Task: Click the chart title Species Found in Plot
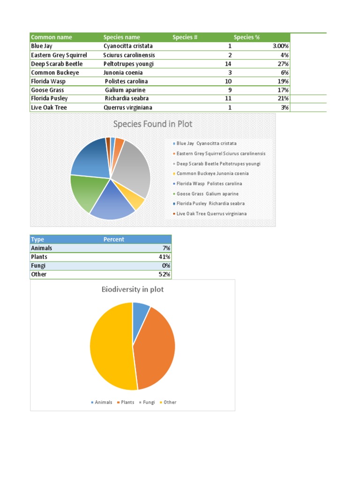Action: [152, 124]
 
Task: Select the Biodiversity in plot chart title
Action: [133, 289]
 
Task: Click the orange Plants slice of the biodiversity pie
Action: [157, 349]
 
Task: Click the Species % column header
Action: [247, 37]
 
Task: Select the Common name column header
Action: [51, 37]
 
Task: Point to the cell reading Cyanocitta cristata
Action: [128, 46]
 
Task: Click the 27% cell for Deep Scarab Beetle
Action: [283, 64]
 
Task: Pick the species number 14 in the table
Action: [228, 64]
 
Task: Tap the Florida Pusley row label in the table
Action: [49, 98]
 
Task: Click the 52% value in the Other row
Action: [164, 274]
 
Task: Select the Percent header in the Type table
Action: [114, 240]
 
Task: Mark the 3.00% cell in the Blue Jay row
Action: [280, 46]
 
